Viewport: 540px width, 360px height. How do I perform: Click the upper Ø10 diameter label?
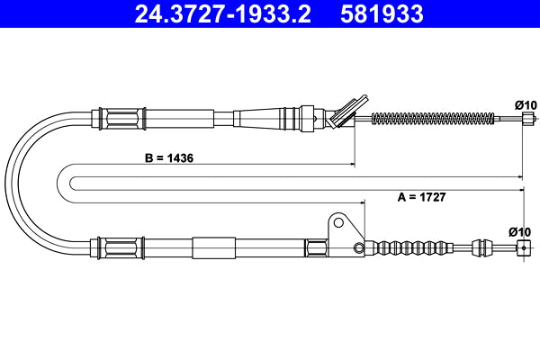526,104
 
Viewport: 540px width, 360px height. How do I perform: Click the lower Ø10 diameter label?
519,231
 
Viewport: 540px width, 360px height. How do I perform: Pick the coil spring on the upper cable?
432,118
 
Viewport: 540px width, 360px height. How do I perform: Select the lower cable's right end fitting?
522,248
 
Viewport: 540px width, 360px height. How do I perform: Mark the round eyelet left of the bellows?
360,248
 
